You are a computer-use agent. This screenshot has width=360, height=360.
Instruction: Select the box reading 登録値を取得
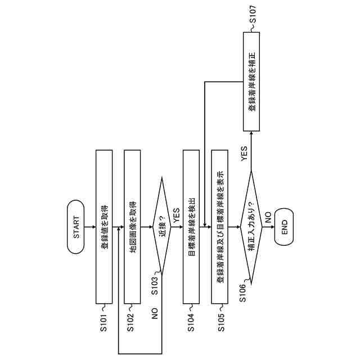[104, 227]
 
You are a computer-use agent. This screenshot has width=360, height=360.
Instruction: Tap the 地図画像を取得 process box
[132, 227]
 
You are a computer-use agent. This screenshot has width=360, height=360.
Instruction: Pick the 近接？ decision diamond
[162, 227]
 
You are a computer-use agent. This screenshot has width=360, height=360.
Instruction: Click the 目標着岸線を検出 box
[192, 227]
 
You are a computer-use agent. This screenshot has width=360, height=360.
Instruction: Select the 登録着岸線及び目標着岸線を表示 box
[219, 227]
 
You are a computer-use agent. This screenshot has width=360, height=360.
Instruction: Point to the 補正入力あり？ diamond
[250, 227]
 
